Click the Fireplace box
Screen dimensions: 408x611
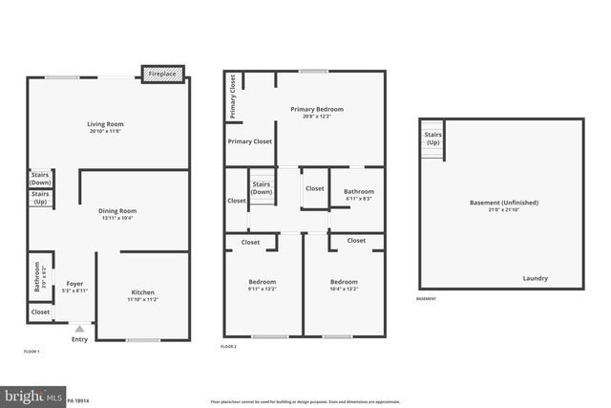click(161, 74)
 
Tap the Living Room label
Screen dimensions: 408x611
click(106, 124)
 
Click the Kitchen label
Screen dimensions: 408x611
click(142, 292)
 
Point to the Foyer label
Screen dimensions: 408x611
click(74, 284)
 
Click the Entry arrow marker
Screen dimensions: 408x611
click(79, 329)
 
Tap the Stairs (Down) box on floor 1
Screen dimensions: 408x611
click(41, 178)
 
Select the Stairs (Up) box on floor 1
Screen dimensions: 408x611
click(41, 198)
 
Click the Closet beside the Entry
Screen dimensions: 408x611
click(41, 312)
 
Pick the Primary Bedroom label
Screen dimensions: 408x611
click(317, 110)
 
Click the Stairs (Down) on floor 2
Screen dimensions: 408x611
click(261, 187)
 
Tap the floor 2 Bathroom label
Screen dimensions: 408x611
click(359, 192)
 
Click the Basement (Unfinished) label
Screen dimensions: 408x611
click(503, 203)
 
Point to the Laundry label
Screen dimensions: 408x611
click(535, 278)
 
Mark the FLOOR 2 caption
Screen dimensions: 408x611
click(229, 346)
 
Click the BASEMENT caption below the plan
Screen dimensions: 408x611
click(427, 299)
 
